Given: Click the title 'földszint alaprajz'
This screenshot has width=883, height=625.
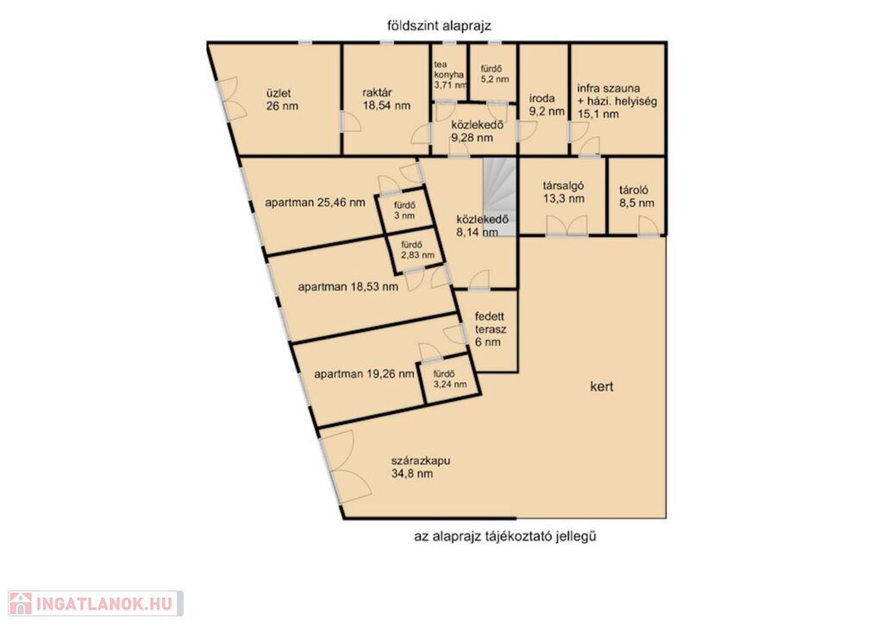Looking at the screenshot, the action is pos(439,26).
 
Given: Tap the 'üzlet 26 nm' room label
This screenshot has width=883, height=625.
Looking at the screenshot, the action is pos(282,100).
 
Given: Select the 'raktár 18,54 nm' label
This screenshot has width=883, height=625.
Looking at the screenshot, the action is pos(386,99).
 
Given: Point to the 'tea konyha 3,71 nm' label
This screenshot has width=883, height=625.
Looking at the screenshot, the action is pos(450,75).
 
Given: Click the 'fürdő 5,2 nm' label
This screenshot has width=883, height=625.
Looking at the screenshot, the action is pos(494,74).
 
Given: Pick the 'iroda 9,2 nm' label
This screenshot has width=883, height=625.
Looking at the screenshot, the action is pos(546,104).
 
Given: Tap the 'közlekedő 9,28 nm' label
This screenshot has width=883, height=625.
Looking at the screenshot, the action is pos(477,132).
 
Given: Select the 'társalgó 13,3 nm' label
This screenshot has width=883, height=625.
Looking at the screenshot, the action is pos(563,191).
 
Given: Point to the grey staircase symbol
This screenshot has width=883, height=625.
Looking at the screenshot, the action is pos(500,197).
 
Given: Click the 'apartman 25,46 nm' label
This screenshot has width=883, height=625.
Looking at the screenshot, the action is pos(315,203).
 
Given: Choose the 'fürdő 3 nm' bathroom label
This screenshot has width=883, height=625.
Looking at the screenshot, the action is pos(404,210).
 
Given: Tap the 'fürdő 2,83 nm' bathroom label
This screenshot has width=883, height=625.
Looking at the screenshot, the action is pos(417,250).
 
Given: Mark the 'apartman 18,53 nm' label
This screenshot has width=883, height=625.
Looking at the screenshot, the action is pos(348,286).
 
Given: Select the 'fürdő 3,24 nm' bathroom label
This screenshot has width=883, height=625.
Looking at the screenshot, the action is pos(450,379).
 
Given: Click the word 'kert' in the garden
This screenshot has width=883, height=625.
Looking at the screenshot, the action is pos(601,387).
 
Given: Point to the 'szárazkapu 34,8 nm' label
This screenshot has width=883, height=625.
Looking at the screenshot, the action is pos(421,467).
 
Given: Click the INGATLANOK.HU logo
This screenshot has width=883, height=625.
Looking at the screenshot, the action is pos(96,603).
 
